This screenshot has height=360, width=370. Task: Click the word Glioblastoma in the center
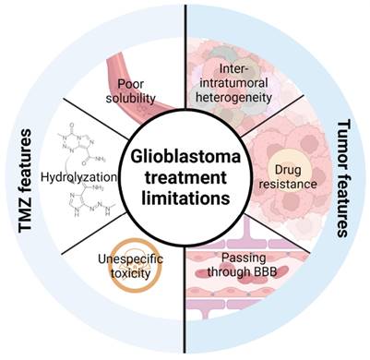click(x=185, y=157)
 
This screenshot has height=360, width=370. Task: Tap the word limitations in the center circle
click(x=185, y=198)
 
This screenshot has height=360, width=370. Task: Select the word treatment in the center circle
click(x=185, y=178)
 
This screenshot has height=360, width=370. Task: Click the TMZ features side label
click(x=25, y=181)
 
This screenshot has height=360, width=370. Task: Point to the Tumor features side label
click(x=344, y=179)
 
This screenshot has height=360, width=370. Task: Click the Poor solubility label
click(x=131, y=91)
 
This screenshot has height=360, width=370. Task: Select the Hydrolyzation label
click(x=79, y=177)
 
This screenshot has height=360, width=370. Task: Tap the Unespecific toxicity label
click(x=131, y=266)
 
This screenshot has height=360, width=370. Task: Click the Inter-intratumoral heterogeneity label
click(x=234, y=83)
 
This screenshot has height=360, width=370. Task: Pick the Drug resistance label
click(x=283, y=176)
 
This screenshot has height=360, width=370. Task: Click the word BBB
click(x=265, y=272)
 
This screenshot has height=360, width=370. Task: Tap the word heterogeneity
click(x=234, y=98)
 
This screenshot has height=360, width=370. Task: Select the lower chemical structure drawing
click(x=92, y=200)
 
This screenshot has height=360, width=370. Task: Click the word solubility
click(x=131, y=98)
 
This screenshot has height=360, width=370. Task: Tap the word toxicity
click(x=131, y=273)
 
